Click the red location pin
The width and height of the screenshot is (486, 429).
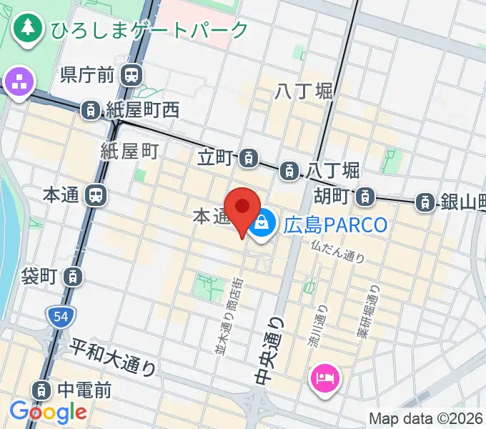(x=243, y=209)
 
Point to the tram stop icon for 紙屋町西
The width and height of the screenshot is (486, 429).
(x=91, y=109)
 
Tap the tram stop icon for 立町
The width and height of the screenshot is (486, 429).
(x=249, y=156)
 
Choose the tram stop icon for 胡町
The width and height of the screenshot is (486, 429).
(x=365, y=195)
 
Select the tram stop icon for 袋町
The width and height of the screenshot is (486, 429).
(x=74, y=275)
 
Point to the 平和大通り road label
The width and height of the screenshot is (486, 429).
(x=113, y=357)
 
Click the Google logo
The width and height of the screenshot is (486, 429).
(x=48, y=412)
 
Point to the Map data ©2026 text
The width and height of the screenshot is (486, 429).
(x=427, y=419)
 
